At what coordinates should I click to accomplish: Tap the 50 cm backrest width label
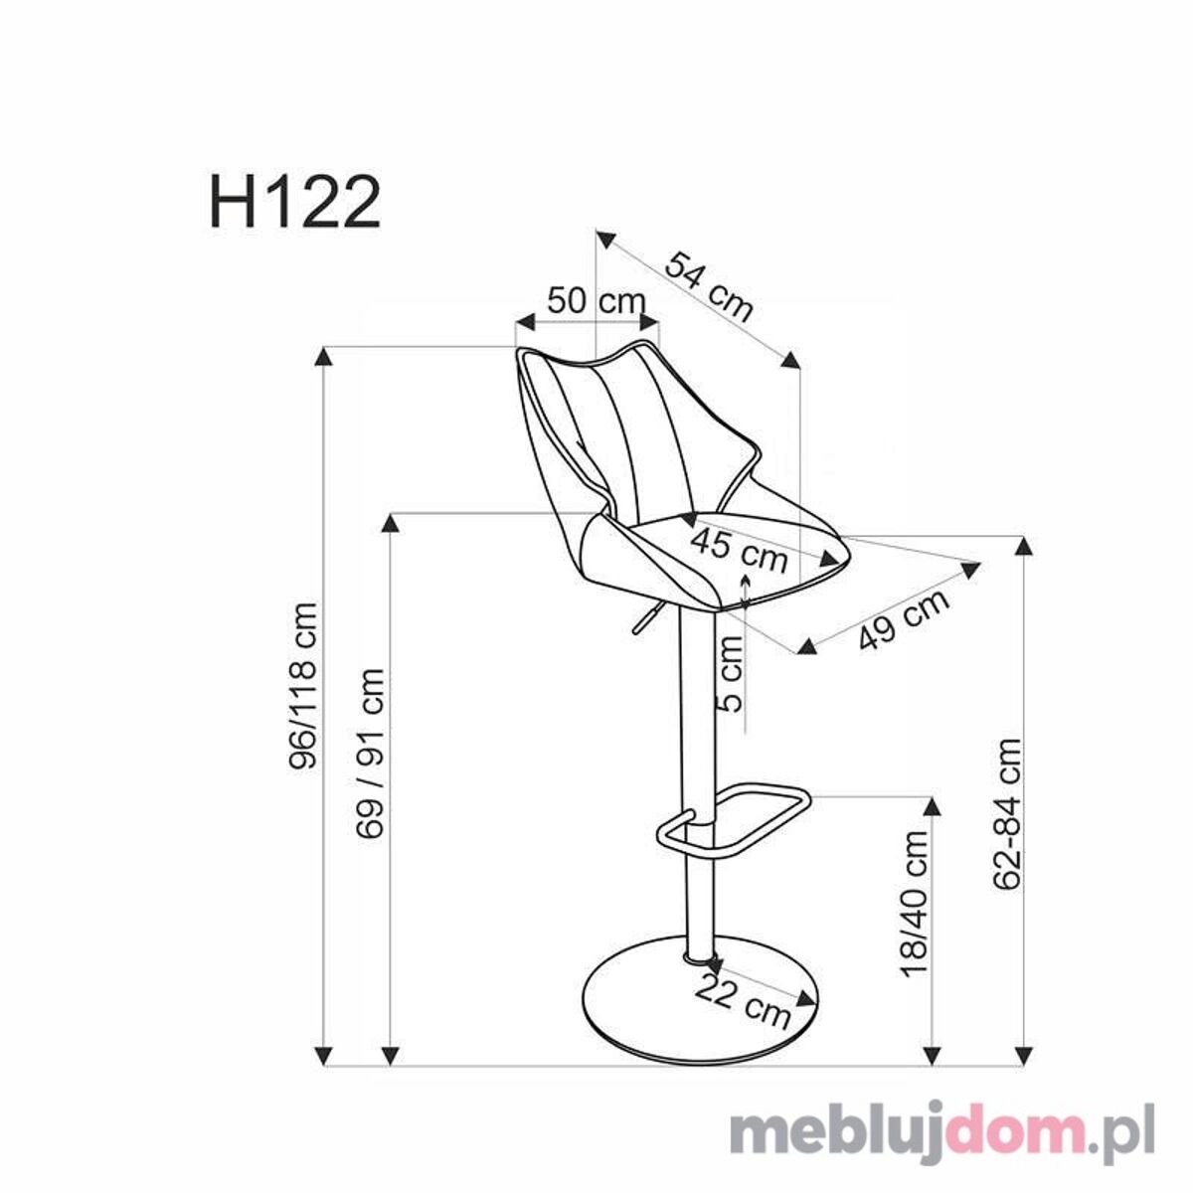point(596,301)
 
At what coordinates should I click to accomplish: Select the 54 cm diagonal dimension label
point(710,287)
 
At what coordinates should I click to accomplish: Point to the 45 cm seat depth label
point(740,550)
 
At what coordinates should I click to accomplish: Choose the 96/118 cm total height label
point(304,684)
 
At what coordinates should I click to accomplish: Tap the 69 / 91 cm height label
point(370,754)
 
